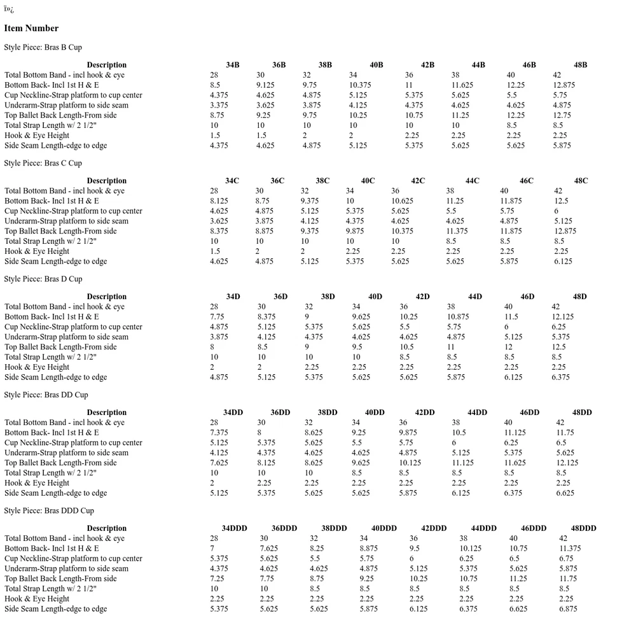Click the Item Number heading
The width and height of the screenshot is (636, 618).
[x=31, y=28]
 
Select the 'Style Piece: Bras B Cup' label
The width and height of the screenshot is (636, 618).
[x=43, y=47]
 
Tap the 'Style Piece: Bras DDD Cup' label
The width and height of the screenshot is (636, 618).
[x=49, y=510]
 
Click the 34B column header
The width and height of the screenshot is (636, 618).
[x=232, y=65]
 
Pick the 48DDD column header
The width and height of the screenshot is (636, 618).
[x=583, y=528]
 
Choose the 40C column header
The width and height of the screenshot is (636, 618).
[x=368, y=181]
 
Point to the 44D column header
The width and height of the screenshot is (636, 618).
[x=474, y=297]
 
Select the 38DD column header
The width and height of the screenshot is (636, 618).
[x=327, y=412]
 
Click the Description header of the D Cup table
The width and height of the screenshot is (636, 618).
[x=106, y=297]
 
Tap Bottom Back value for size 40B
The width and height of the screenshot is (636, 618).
[x=360, y=85]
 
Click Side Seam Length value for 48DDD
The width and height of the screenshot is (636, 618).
[x=568, y=609]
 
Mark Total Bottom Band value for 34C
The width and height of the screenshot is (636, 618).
[x=214, y=191]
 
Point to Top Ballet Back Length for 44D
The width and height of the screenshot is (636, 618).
[x=451, y=347]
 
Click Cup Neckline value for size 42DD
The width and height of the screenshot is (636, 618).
[x=406, y=443]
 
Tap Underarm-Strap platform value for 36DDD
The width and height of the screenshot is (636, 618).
[x=269, y=568]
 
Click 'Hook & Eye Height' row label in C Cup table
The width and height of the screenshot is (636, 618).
[x=37, y=251]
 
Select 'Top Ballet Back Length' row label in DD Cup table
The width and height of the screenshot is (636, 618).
[x=60, y=463]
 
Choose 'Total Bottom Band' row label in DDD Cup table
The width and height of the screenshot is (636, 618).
[x=64, y=538]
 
